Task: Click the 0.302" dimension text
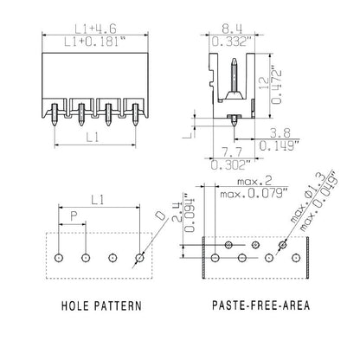pyautogui.click(x=228, y=163)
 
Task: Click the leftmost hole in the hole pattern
pyautogui.click(x=58, y=258)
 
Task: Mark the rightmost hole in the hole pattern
pyautogui.click(x=140, y=258)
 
